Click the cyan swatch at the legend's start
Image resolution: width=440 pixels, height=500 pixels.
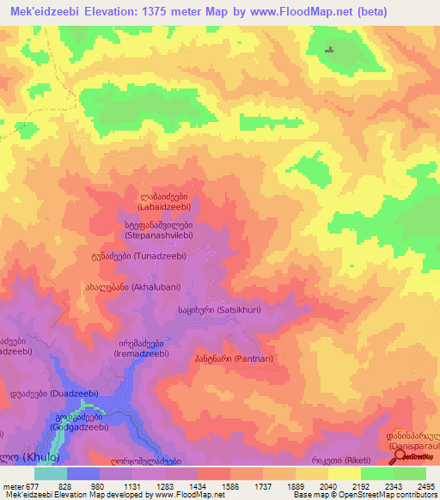click(50, 473)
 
